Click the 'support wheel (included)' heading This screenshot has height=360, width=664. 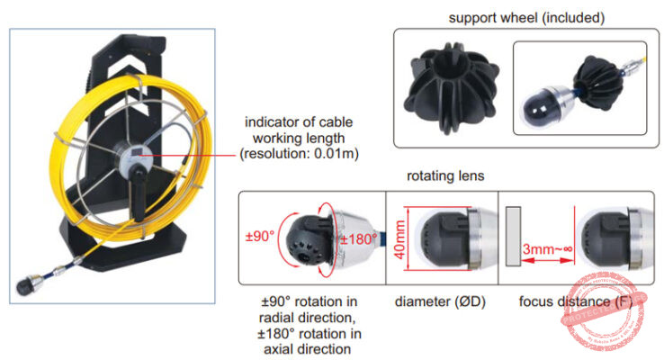coord(526,18)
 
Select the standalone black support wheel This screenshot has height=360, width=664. coord(447,89)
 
